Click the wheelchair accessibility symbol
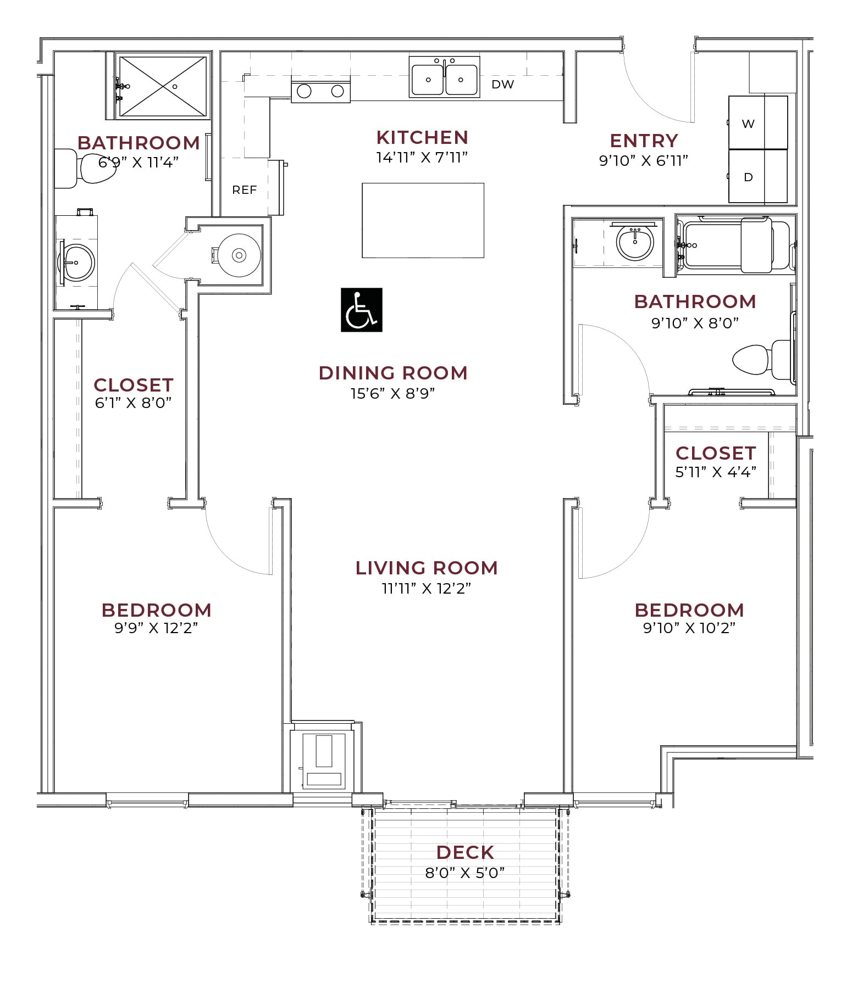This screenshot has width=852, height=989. pos(361,310)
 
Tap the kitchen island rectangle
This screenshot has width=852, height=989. pos(423,220)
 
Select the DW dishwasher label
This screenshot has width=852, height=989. pos(502,85)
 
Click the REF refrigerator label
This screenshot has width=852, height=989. pos(244,190)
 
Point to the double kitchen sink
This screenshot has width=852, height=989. pos(444,77)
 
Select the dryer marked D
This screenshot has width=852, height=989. pos(757,176)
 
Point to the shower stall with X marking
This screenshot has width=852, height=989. pos(162,86)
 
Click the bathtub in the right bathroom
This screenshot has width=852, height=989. pos(734,245)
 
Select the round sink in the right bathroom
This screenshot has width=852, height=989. pos(634,242)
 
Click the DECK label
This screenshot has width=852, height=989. pos(465,852)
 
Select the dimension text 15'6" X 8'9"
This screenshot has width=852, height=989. pos(392,394)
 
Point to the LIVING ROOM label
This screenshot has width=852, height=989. pos(427,568)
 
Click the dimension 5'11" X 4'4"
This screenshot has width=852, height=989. pos(715,472)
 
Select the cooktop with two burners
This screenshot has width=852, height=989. pos(320,91)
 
